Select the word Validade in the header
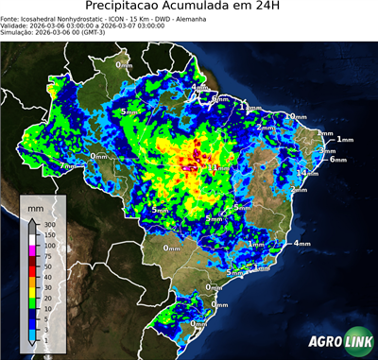pyautogui.click(x=15, y=26)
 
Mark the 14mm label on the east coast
pyautogui.click(x=307, y=173)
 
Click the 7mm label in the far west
pyautogui.click(x=67, y=166)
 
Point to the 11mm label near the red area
pyautogui.click(x=216, y=167)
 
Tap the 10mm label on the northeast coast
pyautogui.click(x=298, y=117)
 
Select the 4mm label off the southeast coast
pyautogui.click(x=301, y=243)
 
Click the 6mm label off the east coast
pyautogui.click(x=337, y=160)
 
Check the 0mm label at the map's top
pyautogui.click(x=124, y=65)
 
